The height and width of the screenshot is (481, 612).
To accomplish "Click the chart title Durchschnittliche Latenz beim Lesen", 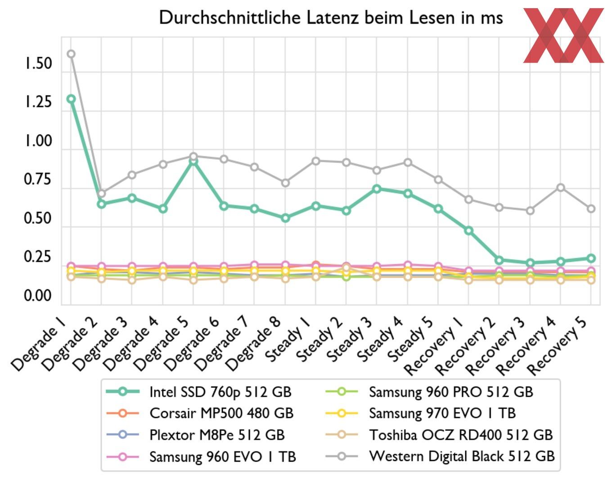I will pyautogui.click(x=331, y=18).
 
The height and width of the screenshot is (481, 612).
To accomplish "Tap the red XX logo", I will pyautogui.click(x=563, y=35).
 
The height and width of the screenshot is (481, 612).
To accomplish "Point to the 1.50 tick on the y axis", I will pyautogui.click(x=38, y=63).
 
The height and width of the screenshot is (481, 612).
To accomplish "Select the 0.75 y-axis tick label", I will pyautogui.click(x=38, y=180).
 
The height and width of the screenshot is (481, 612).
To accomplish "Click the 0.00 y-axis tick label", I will pyautogui.click(x=38, y=296).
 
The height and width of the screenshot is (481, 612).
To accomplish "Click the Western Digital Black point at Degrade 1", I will pyautogui.click(x=71, y=54).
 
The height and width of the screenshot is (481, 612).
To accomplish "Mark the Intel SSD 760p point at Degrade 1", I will pyautogui.click(x=71, y=99).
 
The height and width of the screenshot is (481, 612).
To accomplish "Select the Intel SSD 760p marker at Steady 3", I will pyautogui.click(x=377, y=189).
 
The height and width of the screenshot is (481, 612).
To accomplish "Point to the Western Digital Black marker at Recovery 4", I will pyautogui.click(x=561, y=188).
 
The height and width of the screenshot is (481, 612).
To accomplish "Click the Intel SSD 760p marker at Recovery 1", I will pyautogui.click(x=468, y=230).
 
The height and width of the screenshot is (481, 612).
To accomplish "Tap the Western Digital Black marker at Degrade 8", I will pyautogui.click(x=285, y=183).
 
